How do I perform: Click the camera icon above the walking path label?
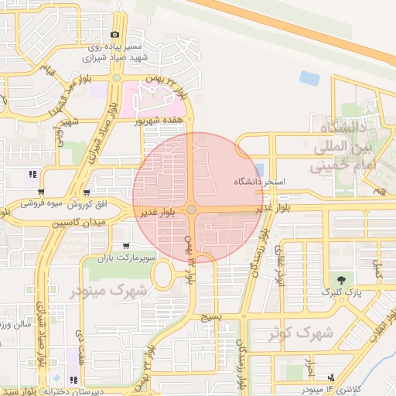(115, 35)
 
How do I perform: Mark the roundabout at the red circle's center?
(191, 210)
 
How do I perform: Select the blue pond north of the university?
(310, 77)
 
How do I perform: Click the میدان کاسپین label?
(77, 223)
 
